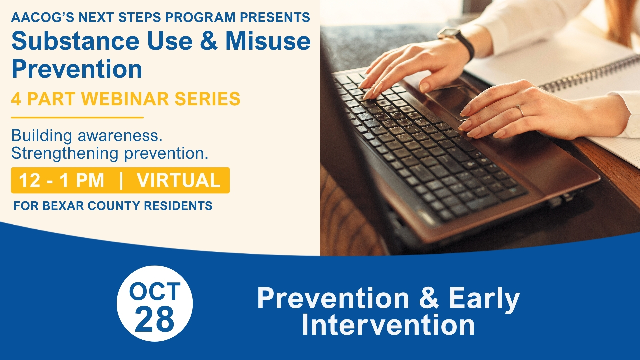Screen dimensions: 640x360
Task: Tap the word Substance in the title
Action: (76, 41)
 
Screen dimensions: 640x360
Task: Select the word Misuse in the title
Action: (268, 41)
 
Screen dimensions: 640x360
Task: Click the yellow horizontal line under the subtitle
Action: (77, 117)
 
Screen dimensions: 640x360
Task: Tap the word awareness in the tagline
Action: (120, 136)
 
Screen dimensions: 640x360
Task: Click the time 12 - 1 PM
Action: (62, 180)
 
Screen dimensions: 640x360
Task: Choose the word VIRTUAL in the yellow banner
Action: (179, 180)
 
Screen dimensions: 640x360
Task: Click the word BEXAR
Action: (63, 206)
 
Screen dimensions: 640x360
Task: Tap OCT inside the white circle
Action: (155, 291)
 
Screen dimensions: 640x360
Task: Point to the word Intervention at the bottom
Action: (388, 325)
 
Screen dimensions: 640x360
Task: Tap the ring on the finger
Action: (520, 110)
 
